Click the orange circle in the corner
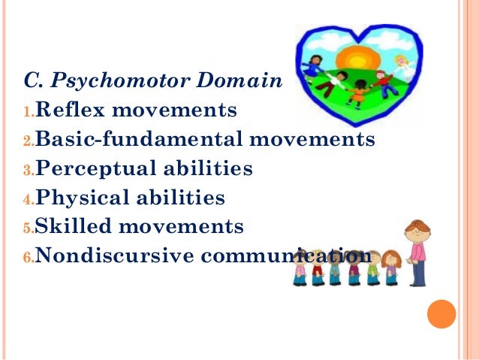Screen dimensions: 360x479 [441, 314]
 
